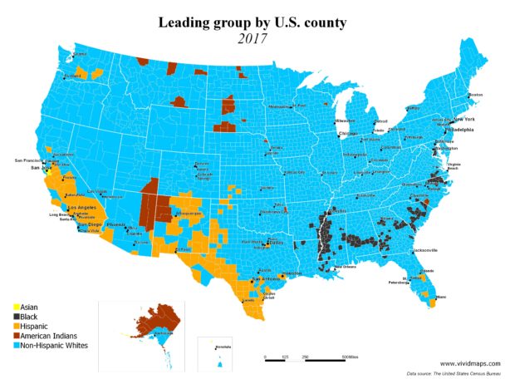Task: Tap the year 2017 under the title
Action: point(250,37)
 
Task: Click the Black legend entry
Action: point(25,317)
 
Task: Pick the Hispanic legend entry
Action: point(30,326)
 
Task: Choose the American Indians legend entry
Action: point(41,335)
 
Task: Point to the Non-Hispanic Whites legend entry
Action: point(46,344)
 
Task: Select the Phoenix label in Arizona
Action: point(116,225)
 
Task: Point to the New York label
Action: point(463,120)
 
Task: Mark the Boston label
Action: point(475,96)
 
